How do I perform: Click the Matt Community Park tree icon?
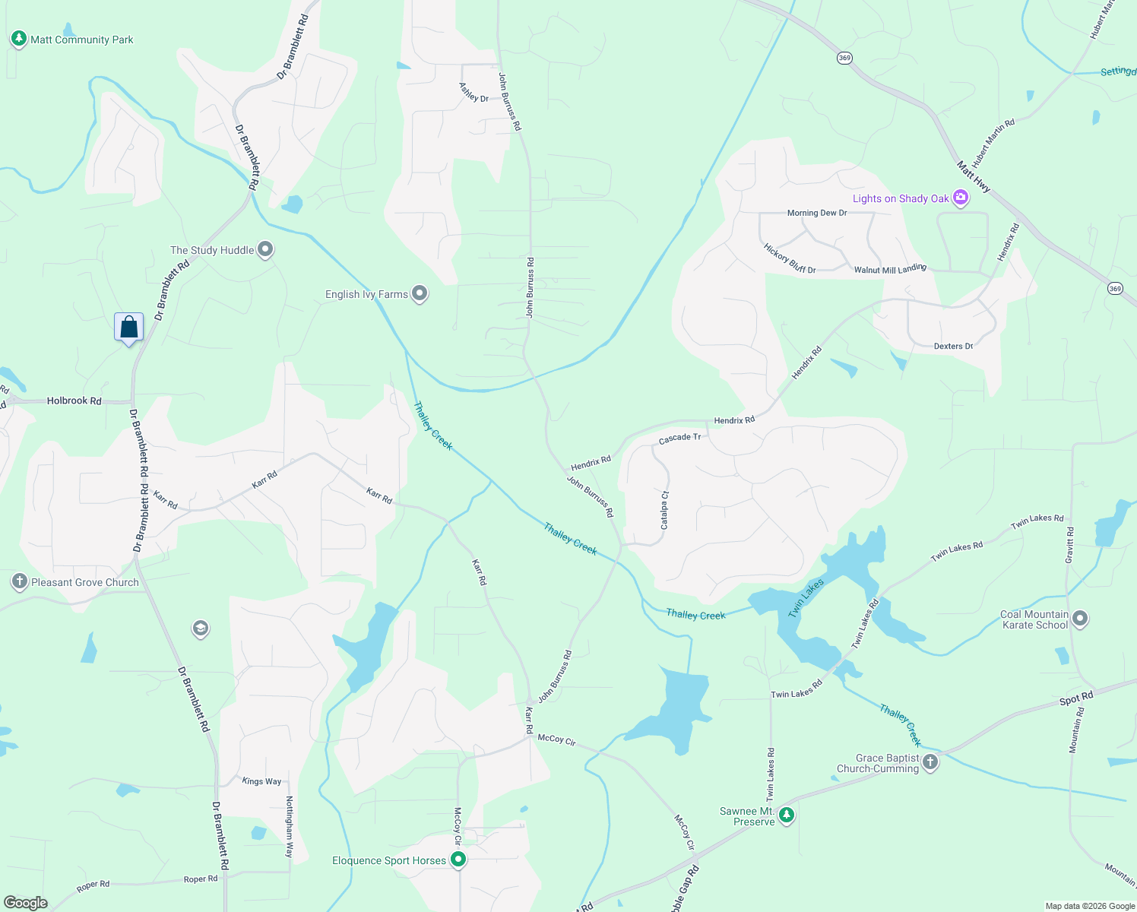19,39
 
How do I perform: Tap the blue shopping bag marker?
129,328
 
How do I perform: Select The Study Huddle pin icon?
265,249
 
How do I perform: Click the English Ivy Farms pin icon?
420,293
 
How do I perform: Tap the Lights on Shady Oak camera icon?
961,198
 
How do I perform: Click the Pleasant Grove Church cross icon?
20,582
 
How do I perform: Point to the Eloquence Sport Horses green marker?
458,860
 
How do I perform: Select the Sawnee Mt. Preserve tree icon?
787,815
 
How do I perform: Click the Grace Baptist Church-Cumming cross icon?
930,762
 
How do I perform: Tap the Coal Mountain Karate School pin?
1080,619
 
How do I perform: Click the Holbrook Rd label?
74,401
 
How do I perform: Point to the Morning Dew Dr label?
817,213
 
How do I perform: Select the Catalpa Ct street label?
664,510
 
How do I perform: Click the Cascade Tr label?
679,439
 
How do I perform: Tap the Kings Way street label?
261,781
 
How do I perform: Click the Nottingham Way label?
290,827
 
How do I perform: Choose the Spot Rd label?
1076,698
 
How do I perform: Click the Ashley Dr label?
473,93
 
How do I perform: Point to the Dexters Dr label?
953,346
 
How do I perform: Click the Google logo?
26,902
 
